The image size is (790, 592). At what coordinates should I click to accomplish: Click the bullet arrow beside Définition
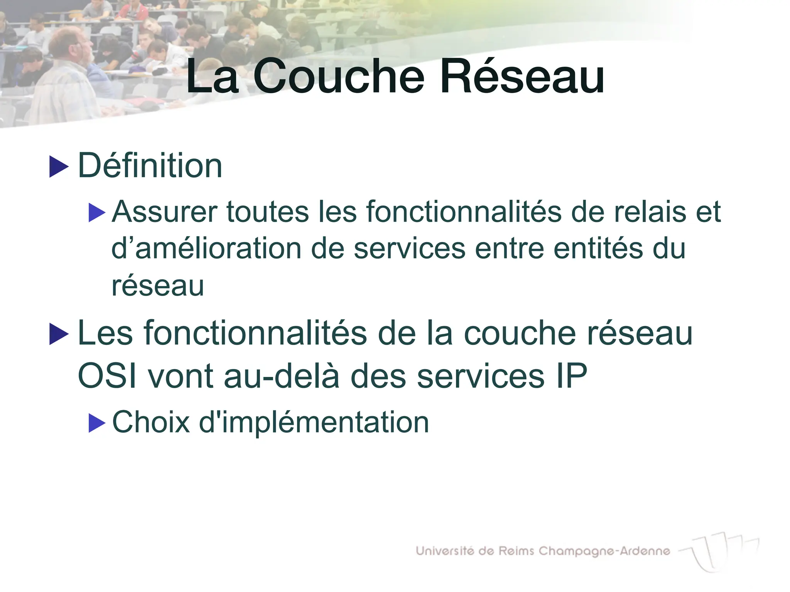[59, 167]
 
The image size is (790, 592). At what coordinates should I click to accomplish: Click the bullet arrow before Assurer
[97, 213]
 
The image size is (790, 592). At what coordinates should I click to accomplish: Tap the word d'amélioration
[206, 248]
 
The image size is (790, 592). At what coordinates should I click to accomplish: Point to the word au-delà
[282, 376]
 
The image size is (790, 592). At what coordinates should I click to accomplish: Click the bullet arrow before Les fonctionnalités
[59, 334]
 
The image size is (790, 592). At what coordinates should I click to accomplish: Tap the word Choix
[151, 422]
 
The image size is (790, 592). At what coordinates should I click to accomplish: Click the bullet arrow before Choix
[97, 423]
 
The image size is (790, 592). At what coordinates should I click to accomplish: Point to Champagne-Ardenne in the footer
[604, 552]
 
